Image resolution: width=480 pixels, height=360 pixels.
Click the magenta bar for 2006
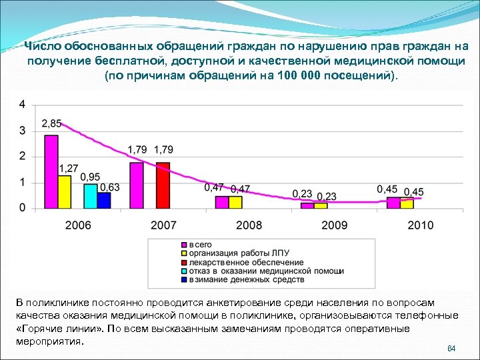point(51,172)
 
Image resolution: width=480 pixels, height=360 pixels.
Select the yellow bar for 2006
point(64,192)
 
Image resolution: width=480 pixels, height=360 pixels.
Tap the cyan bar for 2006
point(91,196)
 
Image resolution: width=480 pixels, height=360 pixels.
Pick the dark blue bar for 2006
point(104,200)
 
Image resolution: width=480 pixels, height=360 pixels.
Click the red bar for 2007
point(163,185)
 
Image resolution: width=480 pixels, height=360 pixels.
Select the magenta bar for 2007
point(137,185)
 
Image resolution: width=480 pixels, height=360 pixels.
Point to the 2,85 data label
point(51,124)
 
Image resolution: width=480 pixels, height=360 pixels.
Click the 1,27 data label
point(69,168)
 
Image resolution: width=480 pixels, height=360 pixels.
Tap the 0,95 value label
point(91,177)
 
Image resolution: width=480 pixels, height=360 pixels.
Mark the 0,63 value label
point(110,187)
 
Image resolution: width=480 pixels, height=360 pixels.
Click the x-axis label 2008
point(249,225)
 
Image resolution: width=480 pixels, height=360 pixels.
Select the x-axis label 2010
point(419,225)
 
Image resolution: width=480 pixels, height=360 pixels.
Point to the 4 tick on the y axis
point(23,105)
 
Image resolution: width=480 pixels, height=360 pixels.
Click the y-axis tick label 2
point(23,157)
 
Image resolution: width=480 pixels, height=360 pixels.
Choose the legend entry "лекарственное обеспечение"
point(246,263)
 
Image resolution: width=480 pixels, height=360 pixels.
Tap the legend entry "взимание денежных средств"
point(246,280)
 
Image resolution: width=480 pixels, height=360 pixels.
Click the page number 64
point(451,349)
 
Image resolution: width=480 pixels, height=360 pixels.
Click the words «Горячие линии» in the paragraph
point(55,329)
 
